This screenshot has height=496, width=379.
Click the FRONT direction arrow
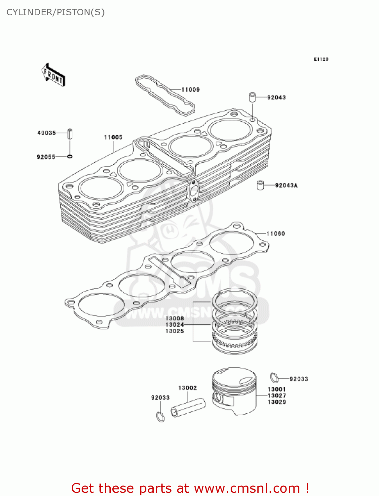tap(53, 75)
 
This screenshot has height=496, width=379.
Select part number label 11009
tap(190, 90)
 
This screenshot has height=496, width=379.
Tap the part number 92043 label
tap(276, 98)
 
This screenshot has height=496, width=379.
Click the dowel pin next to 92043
tap(252, 98)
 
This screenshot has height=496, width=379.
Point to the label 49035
tap(47, 133)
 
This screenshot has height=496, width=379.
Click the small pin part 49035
tap(70, 134)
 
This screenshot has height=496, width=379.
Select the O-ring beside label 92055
tap(70, 156)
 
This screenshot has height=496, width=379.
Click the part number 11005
tap(113, 137)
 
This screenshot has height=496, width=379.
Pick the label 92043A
tap(286, 186)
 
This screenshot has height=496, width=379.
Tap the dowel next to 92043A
tap(261, 185)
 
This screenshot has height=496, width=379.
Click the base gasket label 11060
tap(276, 234)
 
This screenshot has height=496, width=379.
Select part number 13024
tap(174, 325)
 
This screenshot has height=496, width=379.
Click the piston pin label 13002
tap(187, 388)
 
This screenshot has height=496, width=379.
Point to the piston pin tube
tap(188, 408)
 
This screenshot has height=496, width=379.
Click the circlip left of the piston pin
tap(160, 417)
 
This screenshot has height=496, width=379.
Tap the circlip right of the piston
tap(274, 377)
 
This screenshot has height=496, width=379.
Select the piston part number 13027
tap(277, 396)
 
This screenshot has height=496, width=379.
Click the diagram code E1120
tap(321, 59)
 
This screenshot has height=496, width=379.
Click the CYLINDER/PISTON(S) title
tap(56, 12)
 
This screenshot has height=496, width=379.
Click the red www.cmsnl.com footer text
tap(190, 488)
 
